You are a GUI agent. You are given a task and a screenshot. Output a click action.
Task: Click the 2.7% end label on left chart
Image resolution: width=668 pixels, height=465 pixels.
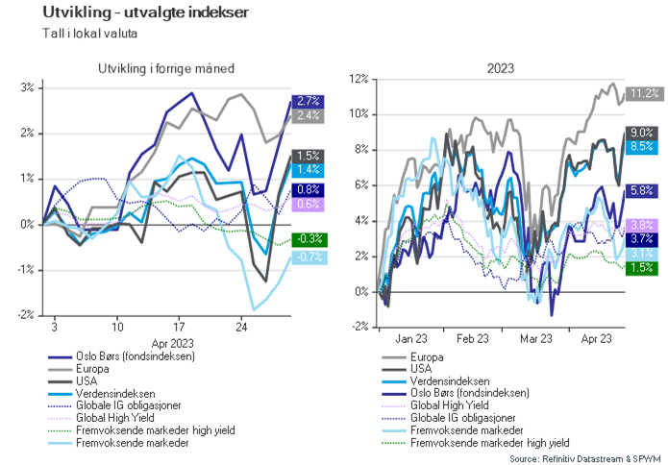309,101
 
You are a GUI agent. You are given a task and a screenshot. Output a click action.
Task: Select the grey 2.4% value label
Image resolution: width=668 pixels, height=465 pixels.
309,115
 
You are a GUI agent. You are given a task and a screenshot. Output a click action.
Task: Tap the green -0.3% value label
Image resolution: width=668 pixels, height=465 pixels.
309,239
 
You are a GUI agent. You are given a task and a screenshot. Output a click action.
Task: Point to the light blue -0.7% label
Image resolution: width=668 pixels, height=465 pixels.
309,257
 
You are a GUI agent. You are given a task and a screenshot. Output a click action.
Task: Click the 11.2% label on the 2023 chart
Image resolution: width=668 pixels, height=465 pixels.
643,93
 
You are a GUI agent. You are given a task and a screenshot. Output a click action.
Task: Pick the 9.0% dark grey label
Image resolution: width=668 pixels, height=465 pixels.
643,133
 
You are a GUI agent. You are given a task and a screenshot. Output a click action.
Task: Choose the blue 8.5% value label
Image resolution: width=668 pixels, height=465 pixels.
643,147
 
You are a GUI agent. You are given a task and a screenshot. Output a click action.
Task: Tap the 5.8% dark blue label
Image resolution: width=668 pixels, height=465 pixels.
643,190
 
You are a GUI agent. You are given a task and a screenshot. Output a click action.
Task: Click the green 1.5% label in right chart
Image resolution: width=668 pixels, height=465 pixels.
643,268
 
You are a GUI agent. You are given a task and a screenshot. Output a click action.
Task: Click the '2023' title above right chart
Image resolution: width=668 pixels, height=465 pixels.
500,68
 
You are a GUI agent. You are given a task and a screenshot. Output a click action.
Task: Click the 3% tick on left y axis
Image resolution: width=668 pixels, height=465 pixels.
27,87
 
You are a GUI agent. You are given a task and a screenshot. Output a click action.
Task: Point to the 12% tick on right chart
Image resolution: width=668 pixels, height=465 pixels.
359,79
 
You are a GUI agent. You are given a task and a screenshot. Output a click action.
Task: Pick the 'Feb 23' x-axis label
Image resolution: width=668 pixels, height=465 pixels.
473,338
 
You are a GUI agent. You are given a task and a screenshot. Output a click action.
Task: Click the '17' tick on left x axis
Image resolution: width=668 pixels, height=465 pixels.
179,326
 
